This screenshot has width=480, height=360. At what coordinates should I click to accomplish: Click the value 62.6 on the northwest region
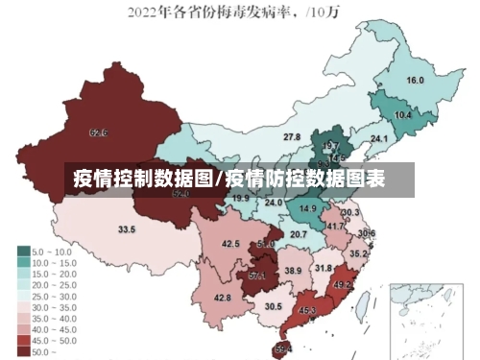coord(98,132)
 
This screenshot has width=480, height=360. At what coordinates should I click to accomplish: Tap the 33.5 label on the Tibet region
coord(127,229)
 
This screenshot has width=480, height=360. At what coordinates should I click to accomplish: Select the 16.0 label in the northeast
coord(416,81)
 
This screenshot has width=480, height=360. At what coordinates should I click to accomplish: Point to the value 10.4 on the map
coord(403,115)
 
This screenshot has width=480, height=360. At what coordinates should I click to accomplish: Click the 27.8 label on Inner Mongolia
coord(291,138)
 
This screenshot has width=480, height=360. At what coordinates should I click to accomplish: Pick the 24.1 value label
coord(379,139)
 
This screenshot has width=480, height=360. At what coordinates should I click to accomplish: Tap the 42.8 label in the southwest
coord(222,299)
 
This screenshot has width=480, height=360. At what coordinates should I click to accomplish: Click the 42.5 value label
coord(230,245)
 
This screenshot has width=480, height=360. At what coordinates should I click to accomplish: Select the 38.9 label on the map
coord(293,272)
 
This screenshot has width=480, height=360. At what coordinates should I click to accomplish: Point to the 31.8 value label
coord(324,269)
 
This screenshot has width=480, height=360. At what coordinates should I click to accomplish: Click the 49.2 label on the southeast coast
coord(342,285)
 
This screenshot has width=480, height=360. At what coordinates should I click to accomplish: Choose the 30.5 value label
coord(274,307)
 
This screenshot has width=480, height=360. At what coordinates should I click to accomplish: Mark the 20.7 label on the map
coord(299,234)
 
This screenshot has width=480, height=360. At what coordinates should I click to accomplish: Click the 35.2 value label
coord(357,254)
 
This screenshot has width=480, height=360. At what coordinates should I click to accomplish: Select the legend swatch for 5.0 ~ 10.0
coord(23,252)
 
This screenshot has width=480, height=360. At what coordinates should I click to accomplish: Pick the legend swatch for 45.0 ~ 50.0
coord(23,340)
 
